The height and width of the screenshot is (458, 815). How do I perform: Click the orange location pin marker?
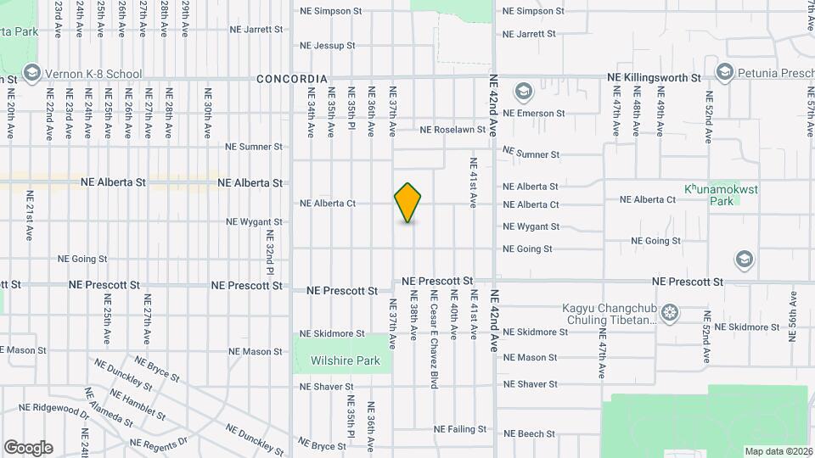[408, 203]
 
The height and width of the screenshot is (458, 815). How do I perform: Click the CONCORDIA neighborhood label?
[293, 79]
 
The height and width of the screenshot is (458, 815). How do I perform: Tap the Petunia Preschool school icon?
[724, 70]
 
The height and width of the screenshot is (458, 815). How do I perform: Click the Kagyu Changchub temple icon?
[671, 313]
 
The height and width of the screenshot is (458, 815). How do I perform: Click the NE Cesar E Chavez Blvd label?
[434, 339]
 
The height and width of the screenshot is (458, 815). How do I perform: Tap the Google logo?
[28, 447]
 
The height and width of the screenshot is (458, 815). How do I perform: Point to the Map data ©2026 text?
[778, 451]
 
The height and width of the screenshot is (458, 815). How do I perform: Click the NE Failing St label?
[460, 429]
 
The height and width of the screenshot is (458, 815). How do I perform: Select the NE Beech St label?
[529, 434]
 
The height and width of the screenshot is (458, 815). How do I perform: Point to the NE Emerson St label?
[534, 113]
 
